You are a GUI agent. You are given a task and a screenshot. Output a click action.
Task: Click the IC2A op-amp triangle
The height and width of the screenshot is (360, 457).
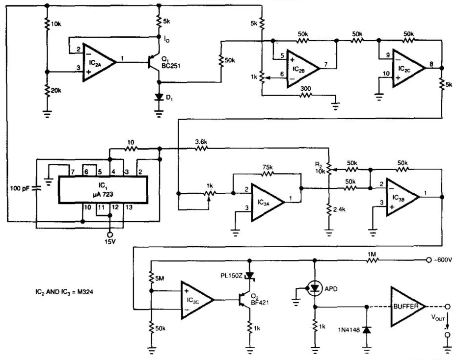coord(99,62)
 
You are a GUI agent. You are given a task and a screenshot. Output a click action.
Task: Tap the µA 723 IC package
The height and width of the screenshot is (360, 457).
coord(103,189)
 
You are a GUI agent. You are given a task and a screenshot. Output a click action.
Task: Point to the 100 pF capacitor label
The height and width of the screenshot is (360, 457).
coord(20,188)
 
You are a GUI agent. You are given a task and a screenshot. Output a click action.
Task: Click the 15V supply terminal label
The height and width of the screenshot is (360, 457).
coord(110,241)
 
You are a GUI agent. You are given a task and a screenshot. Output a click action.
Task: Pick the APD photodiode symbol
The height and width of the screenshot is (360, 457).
coord(315,289)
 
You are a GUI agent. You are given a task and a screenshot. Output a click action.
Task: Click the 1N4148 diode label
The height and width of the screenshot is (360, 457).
coord(349,330)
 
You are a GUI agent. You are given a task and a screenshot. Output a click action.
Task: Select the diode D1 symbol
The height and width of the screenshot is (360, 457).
coord(159,97)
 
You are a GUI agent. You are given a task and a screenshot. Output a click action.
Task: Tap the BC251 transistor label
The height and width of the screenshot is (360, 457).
coord(171,66)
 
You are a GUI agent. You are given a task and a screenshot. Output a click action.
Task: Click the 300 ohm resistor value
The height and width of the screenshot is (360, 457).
coord(305,89)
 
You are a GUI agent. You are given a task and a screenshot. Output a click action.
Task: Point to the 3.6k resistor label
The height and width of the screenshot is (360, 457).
coord(201,142)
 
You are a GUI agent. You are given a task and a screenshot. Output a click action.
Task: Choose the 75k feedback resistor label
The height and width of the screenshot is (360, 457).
coord(267,167)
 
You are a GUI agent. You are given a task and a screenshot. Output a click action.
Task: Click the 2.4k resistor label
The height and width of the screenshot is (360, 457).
coord(339,209)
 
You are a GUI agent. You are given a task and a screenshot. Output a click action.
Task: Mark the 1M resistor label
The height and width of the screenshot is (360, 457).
coord(372,254)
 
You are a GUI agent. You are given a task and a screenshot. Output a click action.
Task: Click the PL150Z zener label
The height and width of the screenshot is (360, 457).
coord(231,276)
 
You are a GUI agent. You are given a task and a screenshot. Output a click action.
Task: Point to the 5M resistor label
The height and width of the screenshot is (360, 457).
coord(160,279)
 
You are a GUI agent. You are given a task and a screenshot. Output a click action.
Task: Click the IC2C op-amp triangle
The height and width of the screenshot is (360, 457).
coord(408,68)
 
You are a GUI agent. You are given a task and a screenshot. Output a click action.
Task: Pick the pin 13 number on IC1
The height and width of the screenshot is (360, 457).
coord(129,207)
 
